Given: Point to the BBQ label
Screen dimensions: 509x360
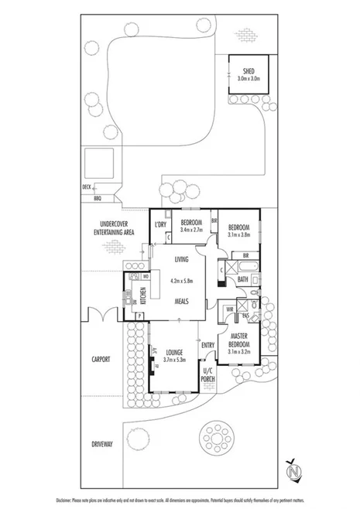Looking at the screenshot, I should coord(97,197).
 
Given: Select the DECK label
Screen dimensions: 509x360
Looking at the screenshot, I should coord(86,187).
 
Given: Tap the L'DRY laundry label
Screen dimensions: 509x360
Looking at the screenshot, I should coord(160,224).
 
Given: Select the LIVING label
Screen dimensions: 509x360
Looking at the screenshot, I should coord(182,261).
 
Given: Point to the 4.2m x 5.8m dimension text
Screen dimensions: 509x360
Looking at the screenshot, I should coord(182,281).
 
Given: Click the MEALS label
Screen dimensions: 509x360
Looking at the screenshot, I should coord(182,301).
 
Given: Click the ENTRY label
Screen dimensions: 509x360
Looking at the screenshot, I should coord(207,345).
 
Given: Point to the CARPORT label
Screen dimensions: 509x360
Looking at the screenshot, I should coord(99,359).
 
